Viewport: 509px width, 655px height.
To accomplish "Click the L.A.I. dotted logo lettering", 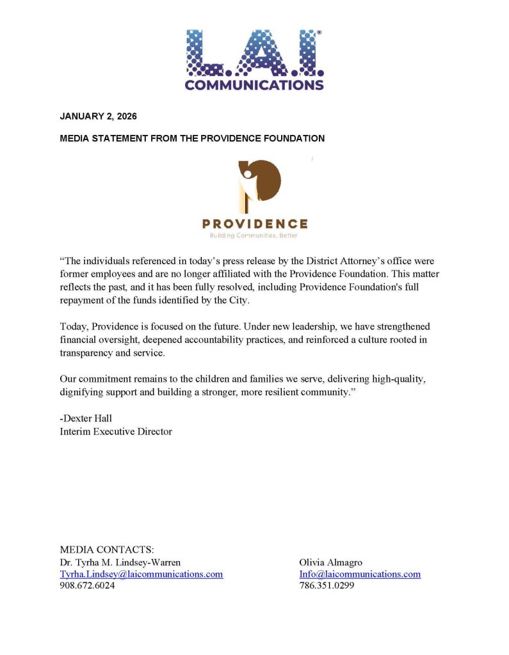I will [x=254, y=52].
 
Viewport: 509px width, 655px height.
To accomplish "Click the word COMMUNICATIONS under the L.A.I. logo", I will [x=254, y=84].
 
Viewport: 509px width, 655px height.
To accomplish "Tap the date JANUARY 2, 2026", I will [x=98, y=116].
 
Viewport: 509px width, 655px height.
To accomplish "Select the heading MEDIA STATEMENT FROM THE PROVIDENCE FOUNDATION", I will [x=192, y=138].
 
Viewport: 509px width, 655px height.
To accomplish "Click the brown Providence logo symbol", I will [x=259, y=185].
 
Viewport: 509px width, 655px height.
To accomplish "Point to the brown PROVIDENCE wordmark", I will [x=255, y=224].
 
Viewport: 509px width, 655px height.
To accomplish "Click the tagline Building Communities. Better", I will [x=254, y=235].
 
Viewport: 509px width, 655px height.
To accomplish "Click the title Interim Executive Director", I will [x=116, y=432].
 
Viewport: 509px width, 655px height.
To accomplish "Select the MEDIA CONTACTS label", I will [x=107, y=549].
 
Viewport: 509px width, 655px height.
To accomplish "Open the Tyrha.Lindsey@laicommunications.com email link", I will [x=141, y=574].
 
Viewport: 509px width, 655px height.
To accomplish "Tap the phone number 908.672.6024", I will [x=87, y=586].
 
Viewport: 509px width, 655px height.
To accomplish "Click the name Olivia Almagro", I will [x=330, y=562].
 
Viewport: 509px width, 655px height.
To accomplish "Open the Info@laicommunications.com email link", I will [x=360, y=574].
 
